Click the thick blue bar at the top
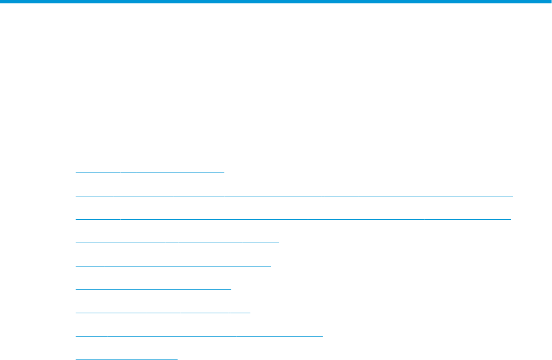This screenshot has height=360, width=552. (x=276, y=2)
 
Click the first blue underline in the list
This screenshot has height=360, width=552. (x=149, y=172)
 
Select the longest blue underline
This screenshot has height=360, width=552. (x=294, y=195)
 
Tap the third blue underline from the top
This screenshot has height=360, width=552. (x=293, y=219)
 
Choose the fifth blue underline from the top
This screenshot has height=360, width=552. (x=173, y=265)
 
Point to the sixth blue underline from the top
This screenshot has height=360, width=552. (x=153, y=289)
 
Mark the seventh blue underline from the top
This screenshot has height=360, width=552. (x=163, y=312)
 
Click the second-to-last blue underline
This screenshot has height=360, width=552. (x=199, y=336)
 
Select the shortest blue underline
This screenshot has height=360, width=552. (x=126, y=359)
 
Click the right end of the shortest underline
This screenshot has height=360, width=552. (x=177, y=359)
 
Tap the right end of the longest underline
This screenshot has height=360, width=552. (x=512, y=195)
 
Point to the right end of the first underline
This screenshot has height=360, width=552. (x=223, y=172)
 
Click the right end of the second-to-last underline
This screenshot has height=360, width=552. (x=322, y=336)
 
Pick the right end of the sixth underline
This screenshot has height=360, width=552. (x=230, y=289)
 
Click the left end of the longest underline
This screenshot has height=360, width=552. (x=76, y=195)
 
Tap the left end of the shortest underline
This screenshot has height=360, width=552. (x=76, y=359)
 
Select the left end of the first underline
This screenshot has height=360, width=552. (x=76, y=172)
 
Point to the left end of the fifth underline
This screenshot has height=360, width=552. (x=76, y=265)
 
